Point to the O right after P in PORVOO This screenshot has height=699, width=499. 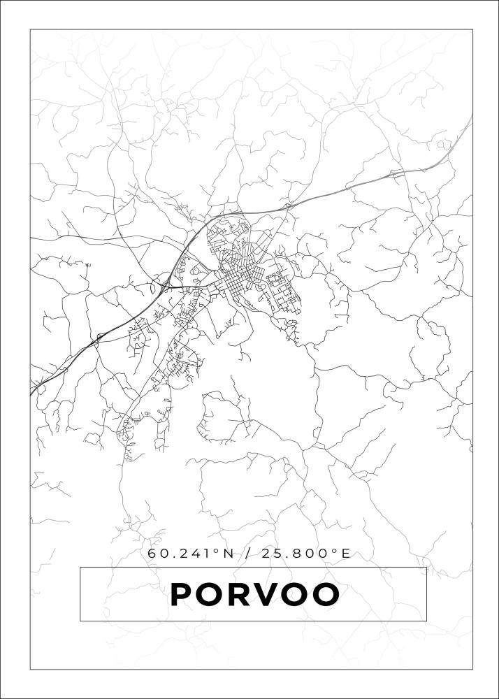pyautogui.click(x=213, y=595)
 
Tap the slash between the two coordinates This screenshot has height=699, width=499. pyautogui.click(x=248, y=554)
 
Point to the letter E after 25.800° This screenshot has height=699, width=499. pyautogui.click(x=345, y=554)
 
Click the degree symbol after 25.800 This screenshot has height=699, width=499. pyautogui.click(x=334, y=551)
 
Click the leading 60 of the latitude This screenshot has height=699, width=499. pyautogui.click(x=157, y=554)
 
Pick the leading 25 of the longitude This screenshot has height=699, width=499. pyautogui.click(x=273, y=554)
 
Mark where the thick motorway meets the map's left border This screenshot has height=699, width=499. pyautogui.click(x=31, y=394)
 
